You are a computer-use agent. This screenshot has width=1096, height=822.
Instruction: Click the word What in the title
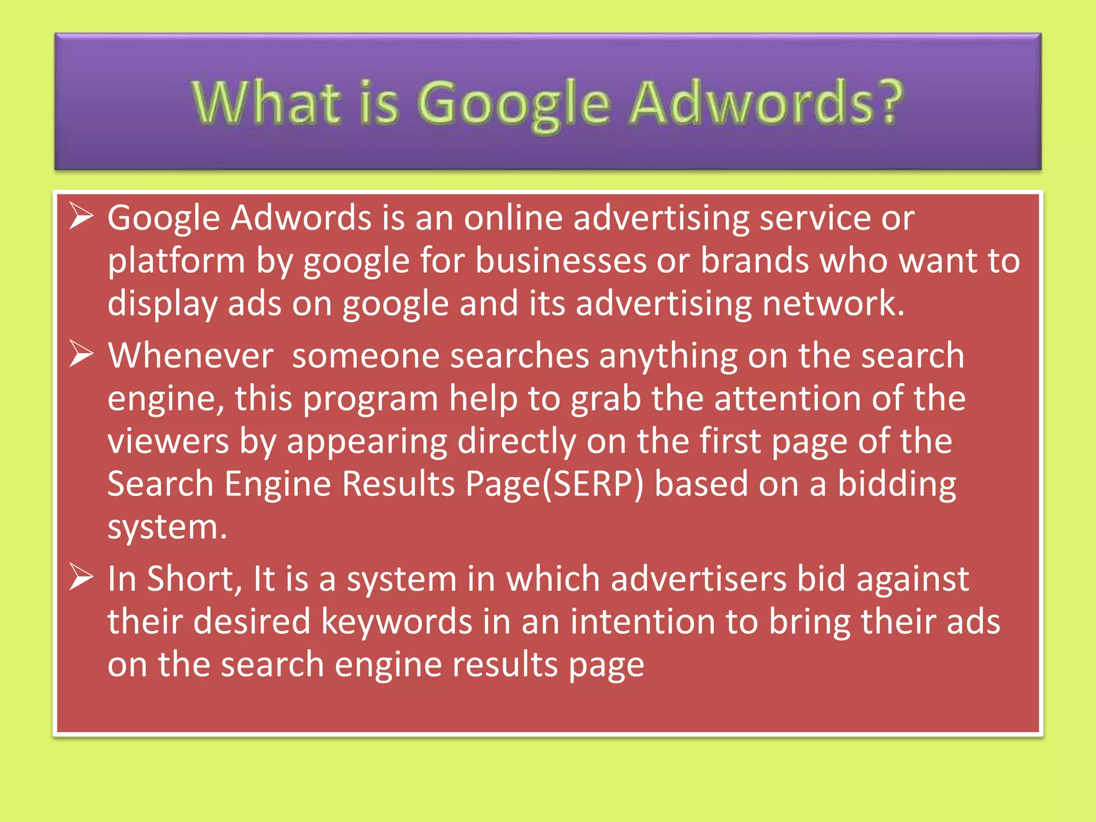coord(266,103)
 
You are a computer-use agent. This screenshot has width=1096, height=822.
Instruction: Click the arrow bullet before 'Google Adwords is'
coord(81,217)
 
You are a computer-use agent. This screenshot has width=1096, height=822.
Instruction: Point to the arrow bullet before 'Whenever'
coord(81,355)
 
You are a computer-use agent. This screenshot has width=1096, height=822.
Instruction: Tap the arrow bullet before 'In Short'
coord(81,579)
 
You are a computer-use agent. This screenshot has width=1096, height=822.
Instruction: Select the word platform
coord(176,262)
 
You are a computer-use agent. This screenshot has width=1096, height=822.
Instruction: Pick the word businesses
coord(561,261)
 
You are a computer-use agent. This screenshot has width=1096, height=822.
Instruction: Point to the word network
coord(833,303)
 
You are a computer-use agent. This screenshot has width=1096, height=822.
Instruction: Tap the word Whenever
coord(191,356)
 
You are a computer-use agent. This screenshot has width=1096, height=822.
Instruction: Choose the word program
coord(371,400)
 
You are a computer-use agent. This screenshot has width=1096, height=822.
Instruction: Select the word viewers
coord(168,442)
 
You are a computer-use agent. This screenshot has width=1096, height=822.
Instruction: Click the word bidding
coord(897,485)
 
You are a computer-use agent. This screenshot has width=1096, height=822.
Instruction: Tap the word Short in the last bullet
coord(191,579)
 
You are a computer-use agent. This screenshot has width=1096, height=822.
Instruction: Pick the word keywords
coord(397,622)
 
